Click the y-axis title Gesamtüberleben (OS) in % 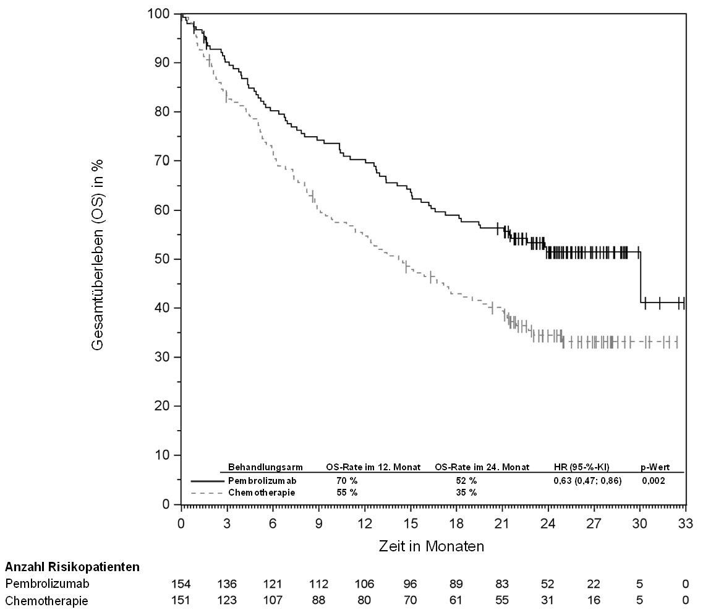pos(97,254)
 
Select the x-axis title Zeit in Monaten pos(432,546)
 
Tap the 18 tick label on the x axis pos(456,524)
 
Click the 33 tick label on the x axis pos(686,524)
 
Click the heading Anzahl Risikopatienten pos(72,567)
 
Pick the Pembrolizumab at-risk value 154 pos(181,584)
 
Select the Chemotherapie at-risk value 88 pos(318,600)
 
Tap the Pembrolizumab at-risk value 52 pos(547,584)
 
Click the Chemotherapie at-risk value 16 pos(594,600)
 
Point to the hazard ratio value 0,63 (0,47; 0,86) pos(587,481)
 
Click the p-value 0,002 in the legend pos(654,481)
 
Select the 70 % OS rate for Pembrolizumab pos(347,481)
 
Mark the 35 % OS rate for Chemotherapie pos(466,492)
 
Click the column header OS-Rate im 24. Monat pos(482,467)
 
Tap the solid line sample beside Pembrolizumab pos(207,481)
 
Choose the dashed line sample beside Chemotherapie pos(207,493)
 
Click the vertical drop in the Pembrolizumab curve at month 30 pos(640,277)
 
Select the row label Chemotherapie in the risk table pos(46,600)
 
